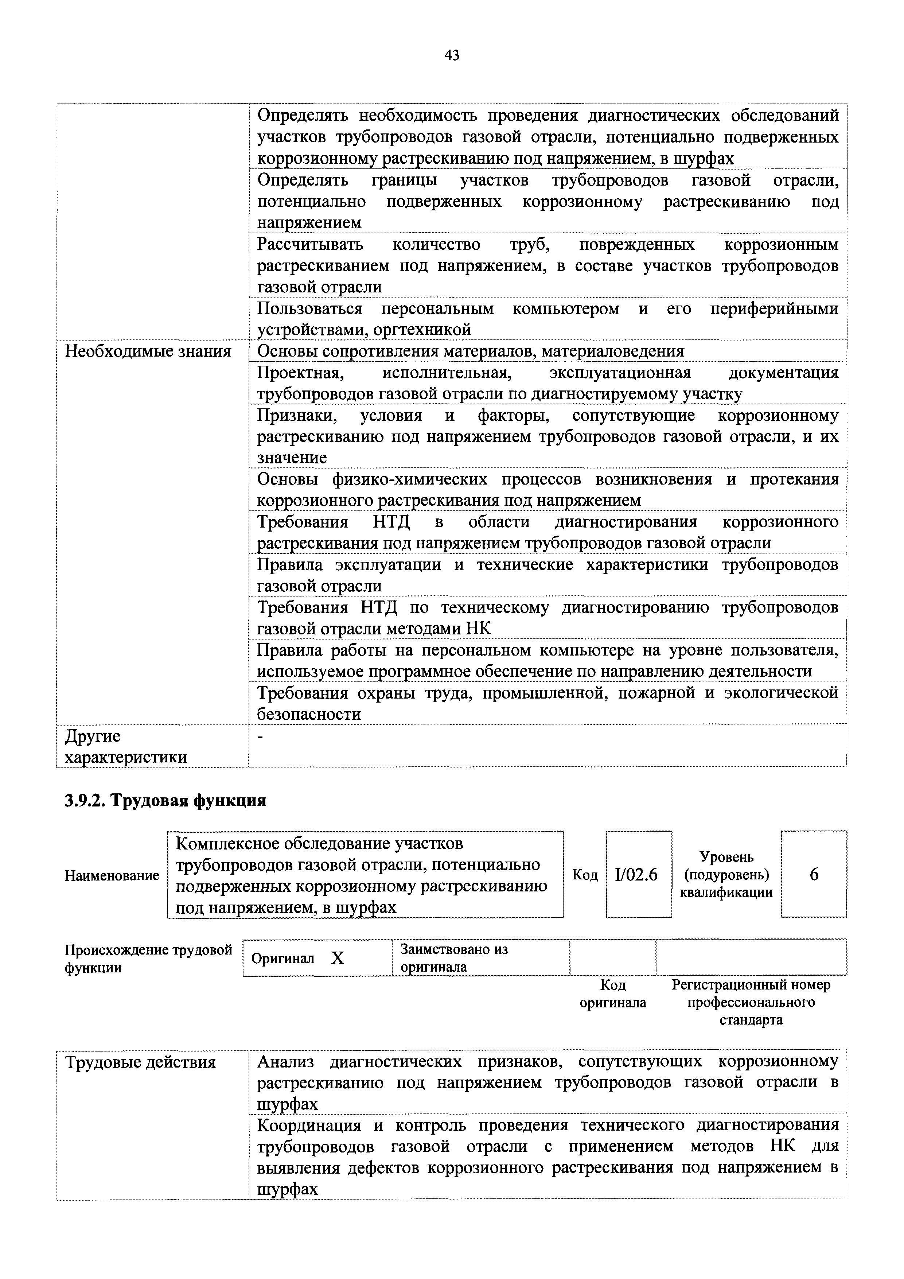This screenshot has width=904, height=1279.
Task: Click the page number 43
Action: (x=452, y=55)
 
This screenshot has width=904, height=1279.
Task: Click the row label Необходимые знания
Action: (x=148, y=351)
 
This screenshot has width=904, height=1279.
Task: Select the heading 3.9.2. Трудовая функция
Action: (x=165, y=801)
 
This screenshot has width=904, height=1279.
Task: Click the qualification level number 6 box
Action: (x=813, y=875)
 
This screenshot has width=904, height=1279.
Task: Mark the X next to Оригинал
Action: (x=338, y=958)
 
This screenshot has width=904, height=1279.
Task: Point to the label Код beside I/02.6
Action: (x=584, y=875)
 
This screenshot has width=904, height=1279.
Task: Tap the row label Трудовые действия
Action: (x=140, y=1063)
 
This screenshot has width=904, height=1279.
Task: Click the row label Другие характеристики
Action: (x=125, y=746)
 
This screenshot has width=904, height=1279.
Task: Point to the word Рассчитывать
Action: (x=310, y=245)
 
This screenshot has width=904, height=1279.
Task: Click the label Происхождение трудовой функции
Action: (x=148, y=958)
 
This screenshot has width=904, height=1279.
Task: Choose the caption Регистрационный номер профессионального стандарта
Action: (x=751, y=1002)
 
